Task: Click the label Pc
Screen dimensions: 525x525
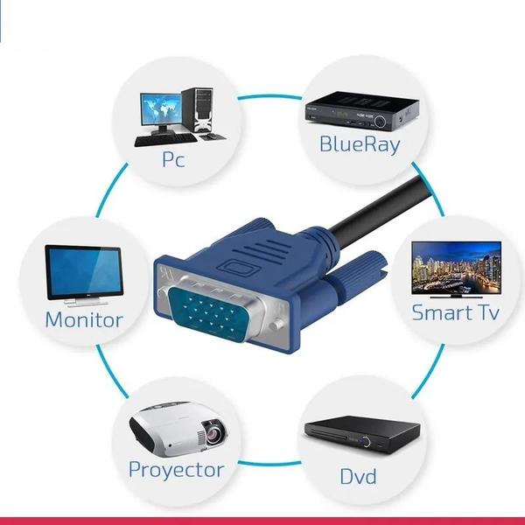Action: [173, 159]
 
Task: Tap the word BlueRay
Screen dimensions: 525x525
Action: [360, 144]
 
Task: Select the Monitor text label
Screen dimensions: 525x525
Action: [84, 319]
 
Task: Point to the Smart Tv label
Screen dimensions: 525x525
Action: [455, 312]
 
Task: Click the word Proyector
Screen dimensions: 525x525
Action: [177, 470]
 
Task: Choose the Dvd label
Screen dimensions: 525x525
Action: [358, 476]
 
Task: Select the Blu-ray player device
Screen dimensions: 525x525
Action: [362, 111]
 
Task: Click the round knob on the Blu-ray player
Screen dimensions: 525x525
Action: [380, 122]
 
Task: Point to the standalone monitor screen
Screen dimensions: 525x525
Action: [84, 272]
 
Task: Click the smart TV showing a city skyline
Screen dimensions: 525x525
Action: [457, 268]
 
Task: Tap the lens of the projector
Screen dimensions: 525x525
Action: [213, 435]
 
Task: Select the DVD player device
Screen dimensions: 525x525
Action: [362, 435]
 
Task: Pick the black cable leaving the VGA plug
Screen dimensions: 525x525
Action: [381, 206]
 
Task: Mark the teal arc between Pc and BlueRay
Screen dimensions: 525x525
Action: [269, 97]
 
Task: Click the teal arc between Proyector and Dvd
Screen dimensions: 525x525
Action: [269, 464]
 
